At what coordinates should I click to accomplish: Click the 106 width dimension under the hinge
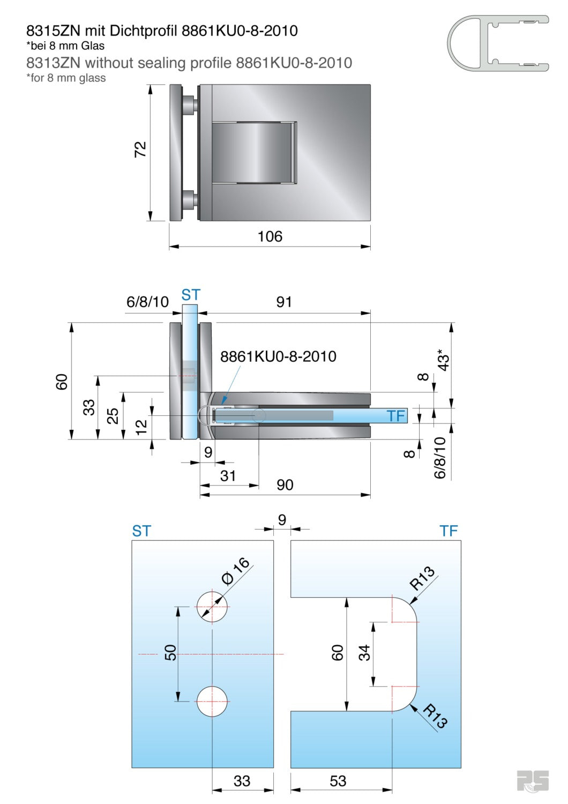270,236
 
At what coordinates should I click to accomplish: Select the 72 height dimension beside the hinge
140,149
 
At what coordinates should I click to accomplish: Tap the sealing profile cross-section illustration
497,43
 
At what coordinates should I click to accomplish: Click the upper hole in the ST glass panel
212,607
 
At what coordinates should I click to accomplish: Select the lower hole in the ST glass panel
212,701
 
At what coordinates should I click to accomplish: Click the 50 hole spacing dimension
170,652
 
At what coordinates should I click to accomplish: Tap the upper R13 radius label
422,578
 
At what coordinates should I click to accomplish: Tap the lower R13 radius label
435,717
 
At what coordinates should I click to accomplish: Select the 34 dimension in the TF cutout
364,652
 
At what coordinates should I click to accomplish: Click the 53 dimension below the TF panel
338,781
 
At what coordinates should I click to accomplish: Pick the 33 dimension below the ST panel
242,781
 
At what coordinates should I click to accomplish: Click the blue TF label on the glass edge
396,416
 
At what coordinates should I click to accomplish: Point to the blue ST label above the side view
190,295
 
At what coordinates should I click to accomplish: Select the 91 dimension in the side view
284,302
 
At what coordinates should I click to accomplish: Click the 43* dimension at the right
444,362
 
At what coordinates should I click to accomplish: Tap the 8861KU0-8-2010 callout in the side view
278,356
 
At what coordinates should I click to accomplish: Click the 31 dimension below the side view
228,476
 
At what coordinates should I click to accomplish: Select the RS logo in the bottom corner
533,780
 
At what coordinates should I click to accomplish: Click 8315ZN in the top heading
53,31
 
